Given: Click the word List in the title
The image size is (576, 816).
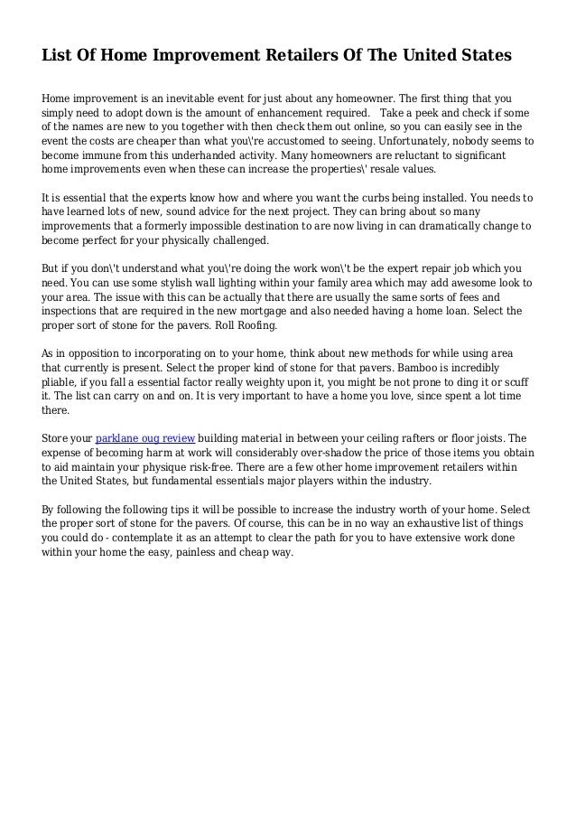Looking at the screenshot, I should point(56,56).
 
